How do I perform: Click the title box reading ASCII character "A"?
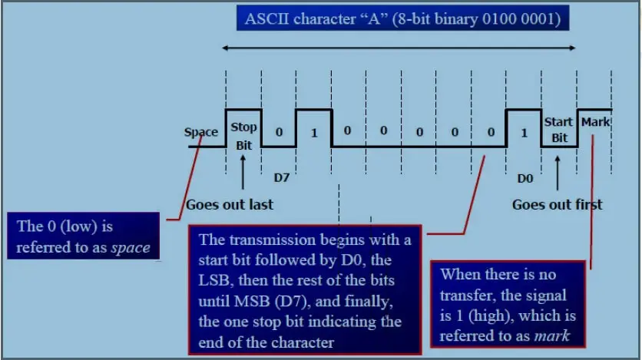click(x=403, y=18)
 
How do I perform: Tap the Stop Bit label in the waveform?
click(x=243, y=136)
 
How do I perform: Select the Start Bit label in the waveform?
click(x=558, y=130)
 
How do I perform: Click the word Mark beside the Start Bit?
click(x=595, y=122)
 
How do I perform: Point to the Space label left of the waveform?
click(x=201, y=132)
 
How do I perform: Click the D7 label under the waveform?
click(x=282, y=177)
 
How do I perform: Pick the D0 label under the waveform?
click(x=525, y=178)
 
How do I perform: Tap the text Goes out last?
click(x=230, y=204)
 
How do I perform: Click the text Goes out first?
click(x=558, y=204)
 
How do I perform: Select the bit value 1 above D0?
click(x=524, y=133)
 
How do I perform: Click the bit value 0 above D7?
click(x=280, y=132)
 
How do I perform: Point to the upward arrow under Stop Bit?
click(x=243, y=172)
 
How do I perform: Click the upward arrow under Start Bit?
click(x=558, y=173)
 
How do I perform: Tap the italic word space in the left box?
click(x=131, y=247)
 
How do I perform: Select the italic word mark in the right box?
click(x=552, y=336)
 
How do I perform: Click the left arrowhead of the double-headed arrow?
click(x=225, y=48)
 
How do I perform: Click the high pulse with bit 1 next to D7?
click(x=313, y=127)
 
